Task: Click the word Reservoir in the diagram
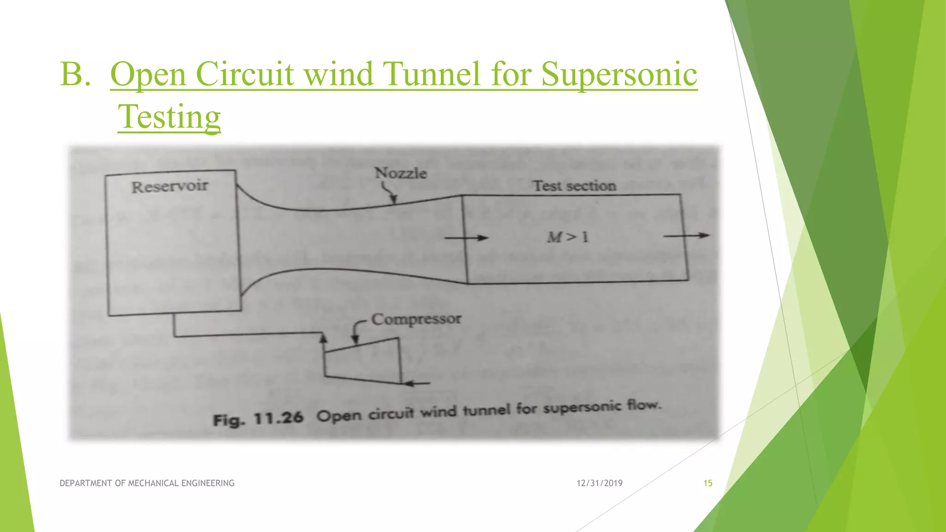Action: tap(170, 187)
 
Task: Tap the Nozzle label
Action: tap(400, 173)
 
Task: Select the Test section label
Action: tap(574, 186)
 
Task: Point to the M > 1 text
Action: tap(567, 237)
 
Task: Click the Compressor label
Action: tap(416, 319)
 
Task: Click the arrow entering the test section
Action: tap(466, 238)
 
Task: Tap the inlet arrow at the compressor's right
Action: tap(416, 383)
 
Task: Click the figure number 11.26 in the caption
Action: tap(279, 418)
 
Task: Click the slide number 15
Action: tap(708, 483)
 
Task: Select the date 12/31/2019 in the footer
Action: tap(599, 483)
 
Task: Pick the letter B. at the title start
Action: tap(75, 74)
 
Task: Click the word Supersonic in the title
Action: tap(619, 74)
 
